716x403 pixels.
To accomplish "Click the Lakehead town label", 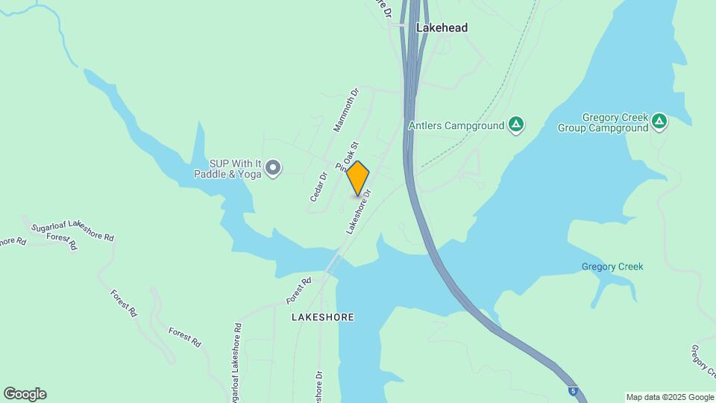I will point(442,28).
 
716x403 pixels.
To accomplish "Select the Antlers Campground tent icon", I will point(515,125).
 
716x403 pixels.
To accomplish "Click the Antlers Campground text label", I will point(456,125).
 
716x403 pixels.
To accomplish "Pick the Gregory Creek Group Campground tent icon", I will point(659,121).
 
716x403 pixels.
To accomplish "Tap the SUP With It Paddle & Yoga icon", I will point(274,168).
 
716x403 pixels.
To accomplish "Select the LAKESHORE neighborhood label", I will point(322,317).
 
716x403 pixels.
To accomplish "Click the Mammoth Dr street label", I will point(346,110).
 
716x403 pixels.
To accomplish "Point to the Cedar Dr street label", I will point(318,187).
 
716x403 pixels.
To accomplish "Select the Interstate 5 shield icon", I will point(572,390).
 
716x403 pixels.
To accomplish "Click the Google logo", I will point(25,394).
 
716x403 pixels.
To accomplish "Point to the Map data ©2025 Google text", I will point(670,397).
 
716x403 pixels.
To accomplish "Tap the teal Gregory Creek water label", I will point(612,267).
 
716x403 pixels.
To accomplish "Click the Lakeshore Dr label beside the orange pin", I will point(359,212).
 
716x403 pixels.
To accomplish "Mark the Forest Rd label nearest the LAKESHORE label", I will point(298,290).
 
